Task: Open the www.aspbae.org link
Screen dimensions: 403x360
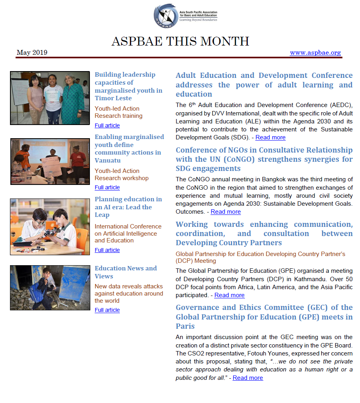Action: click(315, 53)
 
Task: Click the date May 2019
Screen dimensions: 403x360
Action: click(32, 53)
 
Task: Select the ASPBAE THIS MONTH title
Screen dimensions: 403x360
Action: click(180, 41)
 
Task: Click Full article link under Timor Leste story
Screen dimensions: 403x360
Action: click(107, 125)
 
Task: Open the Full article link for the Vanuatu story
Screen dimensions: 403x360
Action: click(107, 187)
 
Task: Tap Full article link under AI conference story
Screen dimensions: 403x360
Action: click(107, 250)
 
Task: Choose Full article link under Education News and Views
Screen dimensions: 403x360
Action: click(107, 310)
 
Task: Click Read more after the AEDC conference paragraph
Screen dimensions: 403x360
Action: click(270, 137)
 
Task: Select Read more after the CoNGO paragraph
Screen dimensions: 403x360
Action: click(226, 212)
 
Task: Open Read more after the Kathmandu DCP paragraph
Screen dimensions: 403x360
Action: click(229, 295)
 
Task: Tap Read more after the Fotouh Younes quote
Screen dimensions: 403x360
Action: click(248, 378)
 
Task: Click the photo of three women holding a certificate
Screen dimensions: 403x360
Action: click(50, 98)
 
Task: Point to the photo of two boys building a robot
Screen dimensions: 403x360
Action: click(50, 227)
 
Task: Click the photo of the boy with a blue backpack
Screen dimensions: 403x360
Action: click(50, 288)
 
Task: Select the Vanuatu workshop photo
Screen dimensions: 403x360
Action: click(50, 161)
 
